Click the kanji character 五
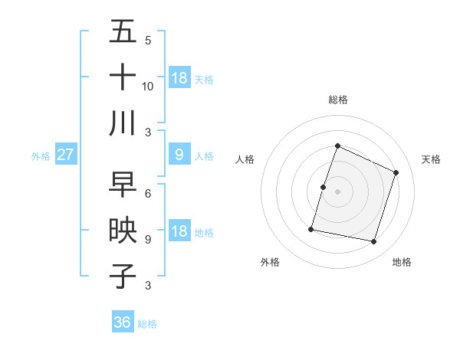[x=123, y=31]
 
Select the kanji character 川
[x=123, y=123]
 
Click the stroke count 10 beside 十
[x=148, y=86]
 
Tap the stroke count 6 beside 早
[x=148, y=194]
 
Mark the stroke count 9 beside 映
[x=148, y=240]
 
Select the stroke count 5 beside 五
[x=148, y=41]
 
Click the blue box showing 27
[x=66, y=155]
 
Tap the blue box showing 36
[x=123, y=322]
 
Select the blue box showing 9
[x=179, y=155]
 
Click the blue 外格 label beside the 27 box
[x=41, y=155]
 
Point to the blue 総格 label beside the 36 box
[x=147, y=324]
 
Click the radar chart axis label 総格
[x=338, y=100]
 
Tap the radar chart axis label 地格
[x=402, y=262]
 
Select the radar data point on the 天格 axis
[x=396, y=172]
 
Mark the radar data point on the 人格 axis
[x=324, y=187]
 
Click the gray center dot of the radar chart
[x=338, y=191]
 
